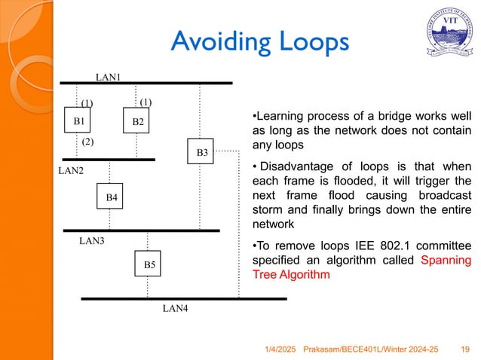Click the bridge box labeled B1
(78, 121)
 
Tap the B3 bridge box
(201, 153)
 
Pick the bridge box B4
(111, 197)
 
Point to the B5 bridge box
(149, 264)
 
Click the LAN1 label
(109, 76)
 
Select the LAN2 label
(72, 172)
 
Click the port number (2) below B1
(88, 142)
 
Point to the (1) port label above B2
(146, 102)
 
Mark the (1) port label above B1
(87, 103)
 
